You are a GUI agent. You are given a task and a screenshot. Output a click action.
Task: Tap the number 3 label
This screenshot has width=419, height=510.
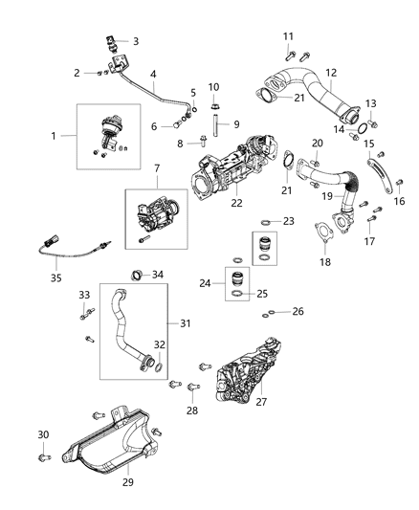135,41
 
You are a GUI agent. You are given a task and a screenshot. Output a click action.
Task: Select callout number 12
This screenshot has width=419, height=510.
332,72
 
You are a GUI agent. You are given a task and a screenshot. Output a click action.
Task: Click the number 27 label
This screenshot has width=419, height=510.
261,402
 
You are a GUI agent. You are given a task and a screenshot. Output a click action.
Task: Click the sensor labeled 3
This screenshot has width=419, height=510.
114,43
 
